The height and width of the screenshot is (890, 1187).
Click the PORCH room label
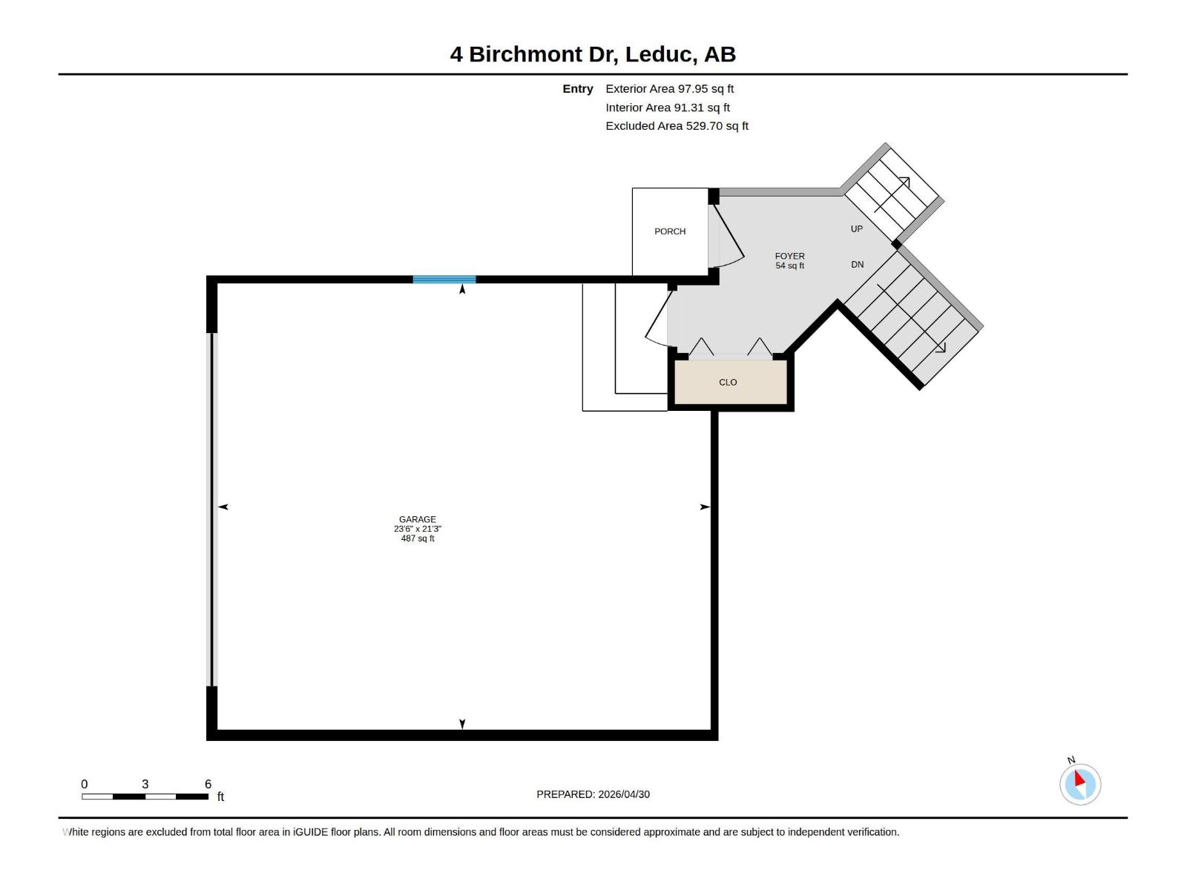(670, 231)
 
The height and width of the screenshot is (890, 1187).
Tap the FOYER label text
(789, 256)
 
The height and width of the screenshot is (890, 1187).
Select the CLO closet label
(728, 383)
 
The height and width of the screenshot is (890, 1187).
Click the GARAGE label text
(417, 519)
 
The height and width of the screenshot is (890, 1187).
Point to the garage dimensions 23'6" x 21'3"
(417, 529)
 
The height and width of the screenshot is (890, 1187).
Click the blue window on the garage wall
(444, 280)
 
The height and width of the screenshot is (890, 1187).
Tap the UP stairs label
(857, 229)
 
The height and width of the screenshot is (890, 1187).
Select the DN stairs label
(858, 265)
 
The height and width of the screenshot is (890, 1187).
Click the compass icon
(1079, 784)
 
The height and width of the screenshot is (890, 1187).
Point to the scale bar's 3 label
(145, 784)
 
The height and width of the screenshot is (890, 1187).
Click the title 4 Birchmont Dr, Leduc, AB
(593, 54)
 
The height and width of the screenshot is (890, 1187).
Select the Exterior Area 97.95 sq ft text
(669, 89)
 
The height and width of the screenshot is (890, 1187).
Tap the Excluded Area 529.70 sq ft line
(677, 126)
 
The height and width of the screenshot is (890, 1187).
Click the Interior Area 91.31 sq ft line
(668, 108)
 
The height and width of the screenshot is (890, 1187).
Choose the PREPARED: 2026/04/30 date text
(593, 794)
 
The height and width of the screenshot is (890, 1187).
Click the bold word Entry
(577, 89)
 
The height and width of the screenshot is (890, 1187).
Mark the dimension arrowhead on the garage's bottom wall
(462, 724)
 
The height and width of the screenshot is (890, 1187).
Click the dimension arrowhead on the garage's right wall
(705, 507)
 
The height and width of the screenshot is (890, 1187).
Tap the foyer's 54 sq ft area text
(789, 266)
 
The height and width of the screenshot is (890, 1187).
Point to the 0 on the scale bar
(85, 784)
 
